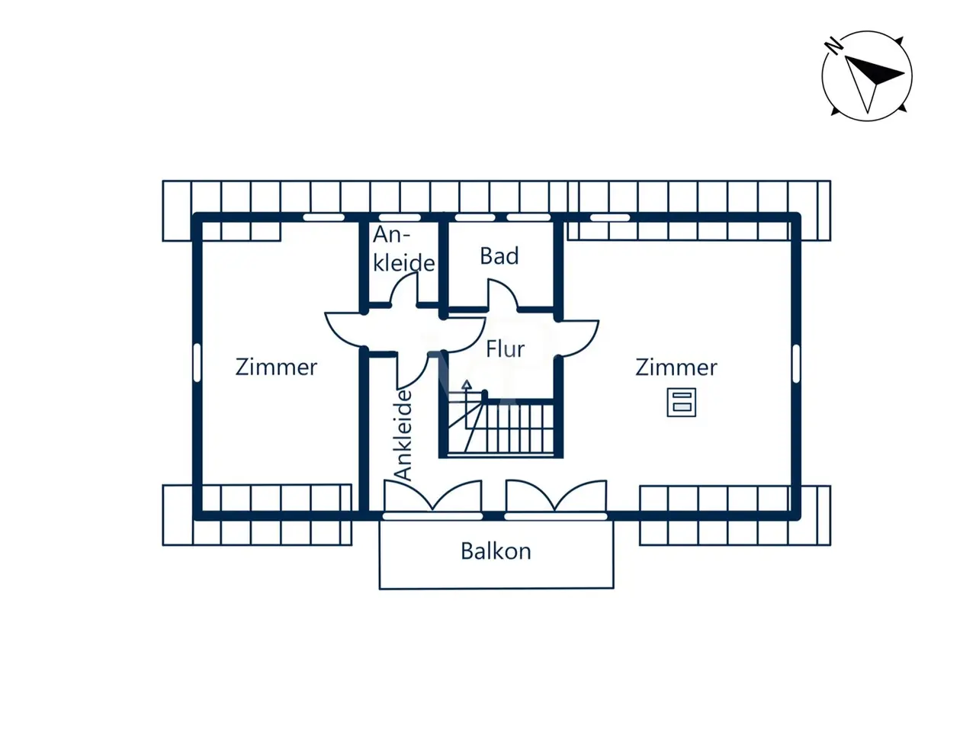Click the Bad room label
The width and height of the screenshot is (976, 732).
tap(499, 256)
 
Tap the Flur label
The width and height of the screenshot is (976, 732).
tap(506, 349)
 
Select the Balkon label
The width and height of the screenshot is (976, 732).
tap(496, 551)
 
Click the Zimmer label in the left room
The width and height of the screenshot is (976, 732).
tap(276, 367)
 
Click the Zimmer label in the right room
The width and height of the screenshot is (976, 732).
tap(676, 368)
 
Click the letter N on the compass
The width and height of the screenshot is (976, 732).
tap(834, 46)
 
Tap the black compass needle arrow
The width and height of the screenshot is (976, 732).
tap(877, 72)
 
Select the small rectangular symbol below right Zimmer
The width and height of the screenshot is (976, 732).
tap(682, 402)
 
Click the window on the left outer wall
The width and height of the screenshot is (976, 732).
tap(197, 363)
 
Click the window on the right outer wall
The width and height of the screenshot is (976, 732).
tap(796, 363)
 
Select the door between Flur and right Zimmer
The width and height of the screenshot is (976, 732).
tap(579, 335)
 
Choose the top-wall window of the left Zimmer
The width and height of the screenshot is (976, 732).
tap(323, 217)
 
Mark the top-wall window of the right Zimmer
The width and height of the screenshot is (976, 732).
tap(610, 217)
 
